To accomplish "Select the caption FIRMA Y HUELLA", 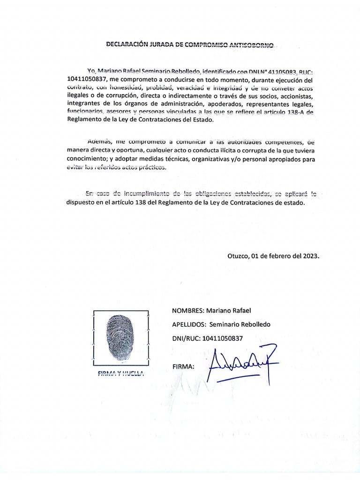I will tap(121, 374).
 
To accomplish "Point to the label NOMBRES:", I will tap(187, 311).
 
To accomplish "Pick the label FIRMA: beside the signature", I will tap(183, 366).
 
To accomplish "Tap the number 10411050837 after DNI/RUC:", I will tap(223, 338).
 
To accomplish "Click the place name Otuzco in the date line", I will tap(238, 256).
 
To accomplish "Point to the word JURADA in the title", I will tap(160, 45).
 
